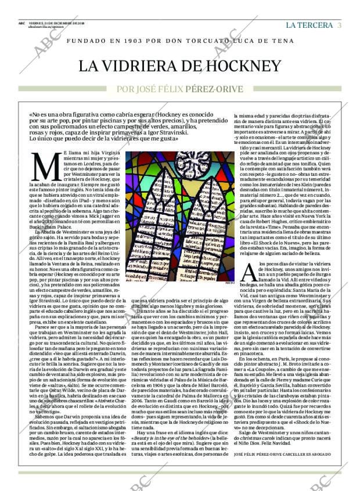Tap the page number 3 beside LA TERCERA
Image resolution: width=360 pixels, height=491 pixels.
[339, 25]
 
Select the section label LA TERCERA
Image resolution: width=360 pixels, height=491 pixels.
[309, 25]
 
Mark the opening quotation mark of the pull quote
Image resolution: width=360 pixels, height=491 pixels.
[31, 115]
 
